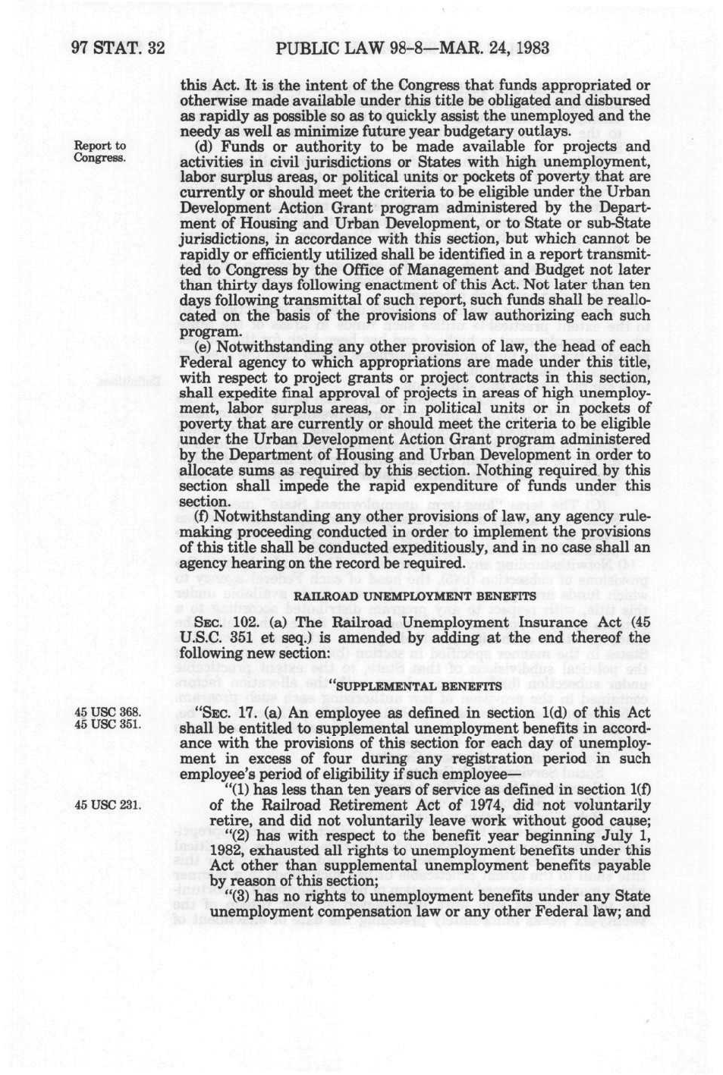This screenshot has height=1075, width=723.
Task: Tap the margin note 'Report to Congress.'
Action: click(99, 152)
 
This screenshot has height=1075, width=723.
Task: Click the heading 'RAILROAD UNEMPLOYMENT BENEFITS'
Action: click(414, 596)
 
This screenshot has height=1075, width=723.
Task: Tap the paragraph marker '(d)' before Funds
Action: click(205, 146)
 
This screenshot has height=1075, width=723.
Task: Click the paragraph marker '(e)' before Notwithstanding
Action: click(204, 347)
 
